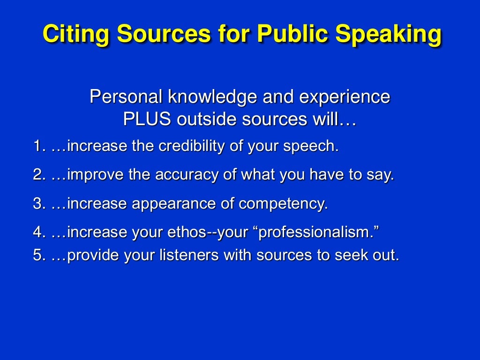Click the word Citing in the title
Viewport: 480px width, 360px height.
(75, 34)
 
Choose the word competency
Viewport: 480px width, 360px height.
(283, 205)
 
